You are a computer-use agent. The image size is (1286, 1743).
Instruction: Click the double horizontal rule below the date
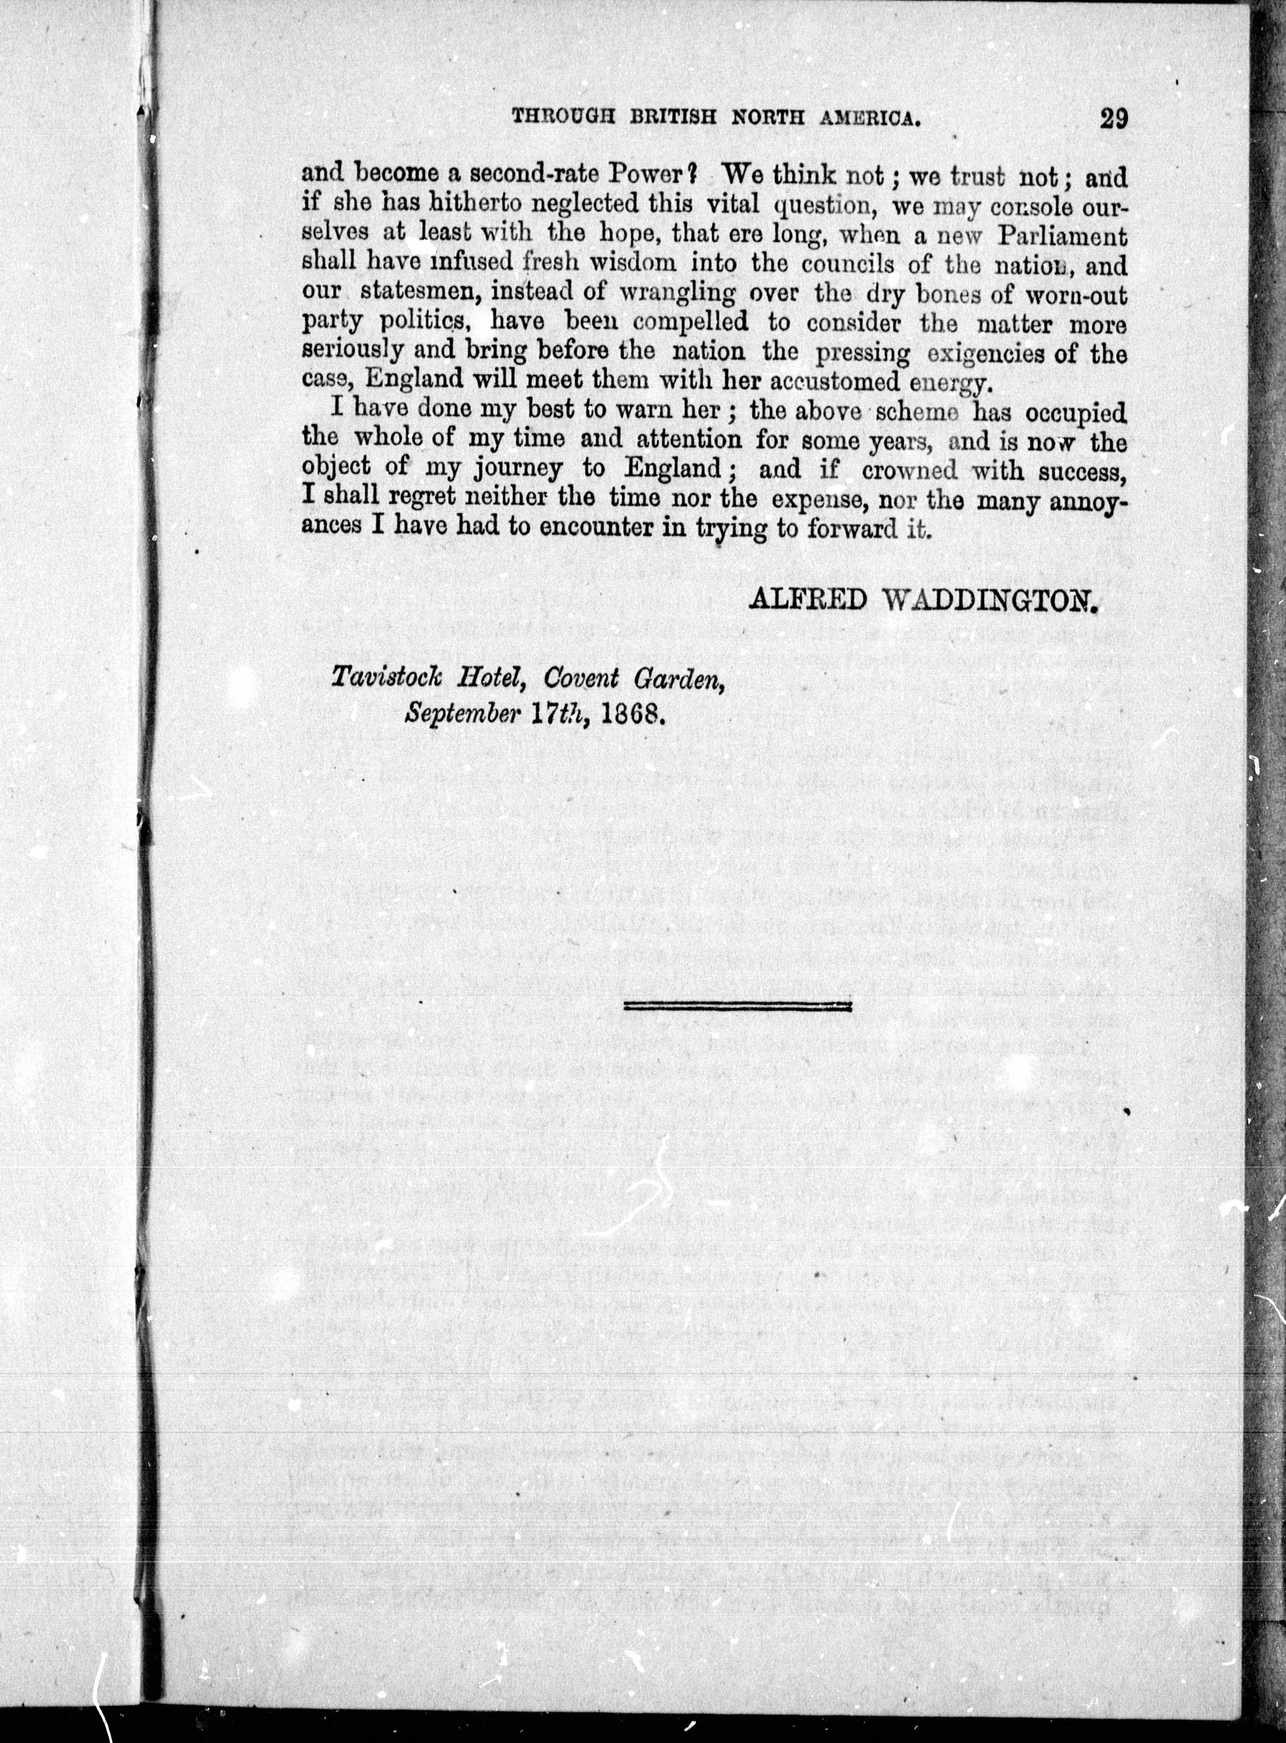[738, 1006]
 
